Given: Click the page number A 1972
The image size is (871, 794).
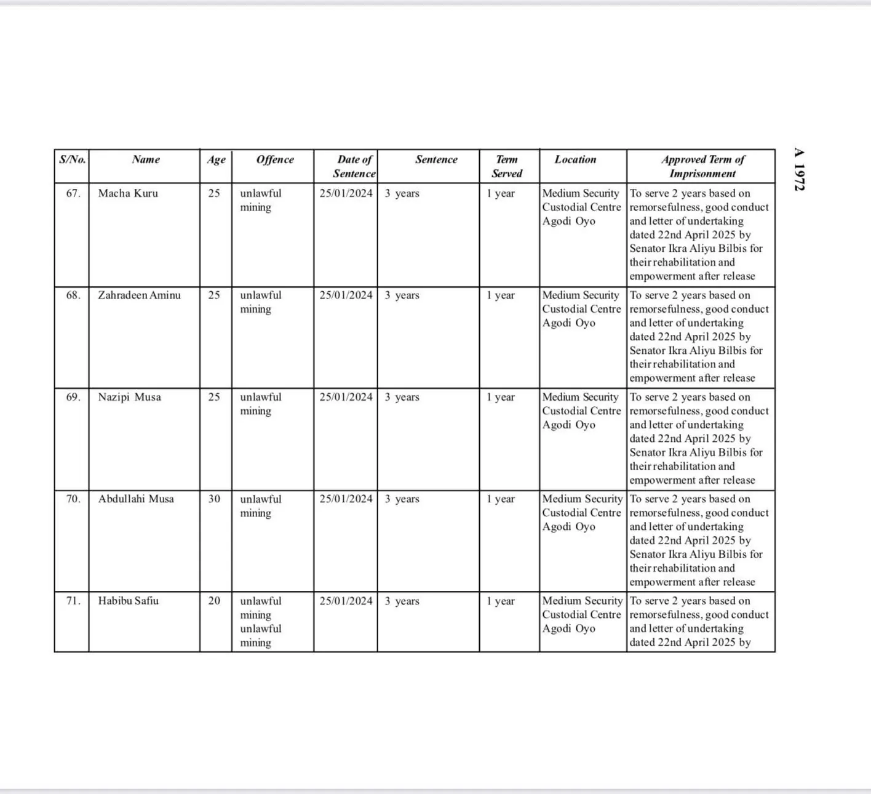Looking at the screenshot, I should [x=799, y=169].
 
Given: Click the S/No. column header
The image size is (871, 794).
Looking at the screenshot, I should [x=72, y=159].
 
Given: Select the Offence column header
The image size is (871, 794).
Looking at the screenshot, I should [x=275, y=159].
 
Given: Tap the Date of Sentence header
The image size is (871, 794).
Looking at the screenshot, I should [x=354, y=166].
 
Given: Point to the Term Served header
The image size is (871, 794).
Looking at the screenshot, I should [x=507, y=166].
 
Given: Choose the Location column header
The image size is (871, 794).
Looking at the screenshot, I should [x=575, y=159].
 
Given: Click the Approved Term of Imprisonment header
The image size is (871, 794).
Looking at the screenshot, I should [x=702, y=166].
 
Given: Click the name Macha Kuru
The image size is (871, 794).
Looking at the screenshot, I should [x=128, y=193].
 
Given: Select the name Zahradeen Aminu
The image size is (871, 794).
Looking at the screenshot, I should [x=139, y=295].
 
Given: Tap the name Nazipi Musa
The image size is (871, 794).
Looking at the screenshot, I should [x=129, y=397].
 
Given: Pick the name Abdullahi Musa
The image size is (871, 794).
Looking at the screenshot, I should [x=136, y=499].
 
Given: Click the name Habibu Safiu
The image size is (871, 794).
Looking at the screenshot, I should [x=128, y=601].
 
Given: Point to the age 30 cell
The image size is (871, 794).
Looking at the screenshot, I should [x=214, y=499].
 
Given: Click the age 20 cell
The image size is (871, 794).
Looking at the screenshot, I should [x=214, y=601].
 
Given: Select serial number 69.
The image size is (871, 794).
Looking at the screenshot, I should [x=73, y=397].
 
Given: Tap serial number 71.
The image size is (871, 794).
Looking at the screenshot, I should [x=73, y=601].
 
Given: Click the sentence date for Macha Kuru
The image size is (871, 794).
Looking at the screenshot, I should [x=346, y=193].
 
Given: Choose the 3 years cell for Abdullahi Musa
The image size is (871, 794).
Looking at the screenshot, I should [x=402, y=499].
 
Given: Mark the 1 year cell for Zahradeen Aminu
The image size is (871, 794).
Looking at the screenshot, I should [x=501, y=295].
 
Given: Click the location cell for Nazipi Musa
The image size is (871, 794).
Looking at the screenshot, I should [x=581, y=411].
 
